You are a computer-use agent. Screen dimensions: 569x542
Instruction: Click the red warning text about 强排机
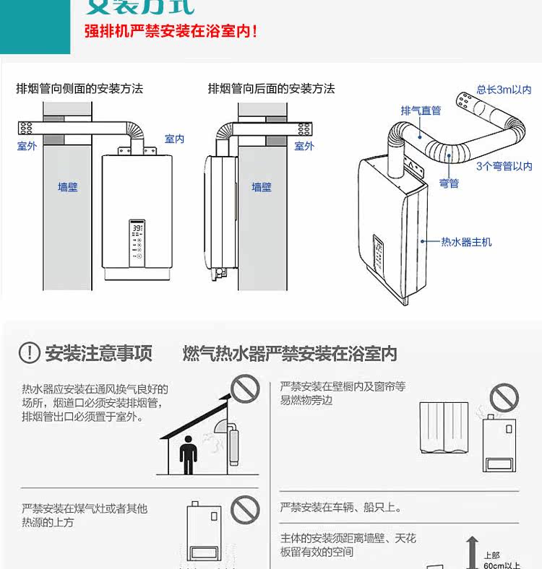[171, 32]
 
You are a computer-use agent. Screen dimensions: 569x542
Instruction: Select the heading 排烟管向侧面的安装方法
[79, 89]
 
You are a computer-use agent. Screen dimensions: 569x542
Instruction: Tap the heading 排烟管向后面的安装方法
[271, 89]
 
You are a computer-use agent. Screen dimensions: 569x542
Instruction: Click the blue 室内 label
[175, 139]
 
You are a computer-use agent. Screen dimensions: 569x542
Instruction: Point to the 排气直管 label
[421, 110]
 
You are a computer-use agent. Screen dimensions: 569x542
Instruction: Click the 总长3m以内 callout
[504, 90]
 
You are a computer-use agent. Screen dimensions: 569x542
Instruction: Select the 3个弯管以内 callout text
[504, 167]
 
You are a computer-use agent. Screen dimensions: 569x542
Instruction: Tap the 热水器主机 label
[466, 242]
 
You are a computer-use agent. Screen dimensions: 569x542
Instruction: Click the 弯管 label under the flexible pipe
[449, 183]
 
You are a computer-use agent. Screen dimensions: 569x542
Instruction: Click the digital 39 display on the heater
[137, 227]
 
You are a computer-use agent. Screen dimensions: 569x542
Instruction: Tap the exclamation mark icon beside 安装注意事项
[29, 353]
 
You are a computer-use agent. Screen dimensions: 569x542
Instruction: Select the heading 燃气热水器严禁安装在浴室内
[290, 354]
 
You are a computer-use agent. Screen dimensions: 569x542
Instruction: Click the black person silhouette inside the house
[188, 454]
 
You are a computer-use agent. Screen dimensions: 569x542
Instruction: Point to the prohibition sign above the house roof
[246, 390]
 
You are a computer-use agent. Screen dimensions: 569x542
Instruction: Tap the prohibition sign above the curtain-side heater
[504, 398]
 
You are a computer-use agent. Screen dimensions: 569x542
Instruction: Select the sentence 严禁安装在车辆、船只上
[341, 508]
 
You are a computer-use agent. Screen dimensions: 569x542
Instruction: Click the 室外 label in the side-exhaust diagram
[27, 147]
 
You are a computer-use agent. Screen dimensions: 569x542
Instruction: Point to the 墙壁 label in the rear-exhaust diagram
[262, 187]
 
